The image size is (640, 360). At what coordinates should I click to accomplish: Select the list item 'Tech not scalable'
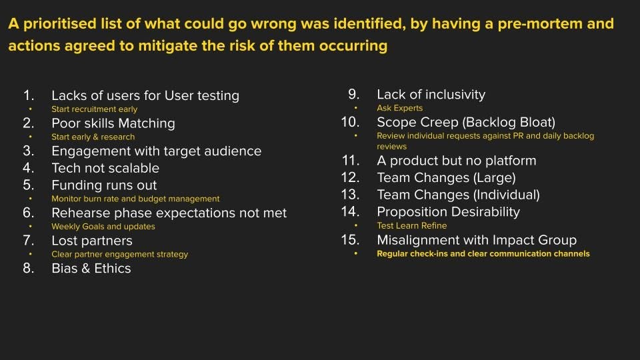click(x=105, y=168)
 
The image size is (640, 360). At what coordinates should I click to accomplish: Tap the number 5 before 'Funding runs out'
click(x=28, y=185)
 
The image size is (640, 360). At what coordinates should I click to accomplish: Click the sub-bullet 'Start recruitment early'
click(x=94, y=109)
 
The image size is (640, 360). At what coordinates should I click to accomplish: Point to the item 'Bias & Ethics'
click(x=91, y=269)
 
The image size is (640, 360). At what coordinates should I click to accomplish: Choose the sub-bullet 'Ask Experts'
click(x=399, y=108)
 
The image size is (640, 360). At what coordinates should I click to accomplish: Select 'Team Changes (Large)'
click(x=446, y=178)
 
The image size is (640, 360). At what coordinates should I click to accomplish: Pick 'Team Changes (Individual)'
click(x=458, y=195)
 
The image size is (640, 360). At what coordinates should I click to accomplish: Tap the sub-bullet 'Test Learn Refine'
click(x=411, y=226)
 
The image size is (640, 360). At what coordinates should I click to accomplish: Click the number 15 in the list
click(x=350, y=240)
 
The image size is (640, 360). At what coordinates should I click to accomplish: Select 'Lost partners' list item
click(x=92, y=241)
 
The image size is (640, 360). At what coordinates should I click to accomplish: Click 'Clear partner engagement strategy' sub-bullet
click(x=119, y=254)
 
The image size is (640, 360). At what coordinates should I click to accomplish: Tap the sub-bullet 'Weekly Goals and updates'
click(x=103, y=227)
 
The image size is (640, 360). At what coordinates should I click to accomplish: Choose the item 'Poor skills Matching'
click(x=113, y=123)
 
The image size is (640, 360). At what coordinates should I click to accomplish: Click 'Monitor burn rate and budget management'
click(x=135, y=199)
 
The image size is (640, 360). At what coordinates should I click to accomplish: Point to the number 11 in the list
click(x=351, y=161)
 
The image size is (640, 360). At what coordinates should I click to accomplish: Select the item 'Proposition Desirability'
click(x=448, y=212)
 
